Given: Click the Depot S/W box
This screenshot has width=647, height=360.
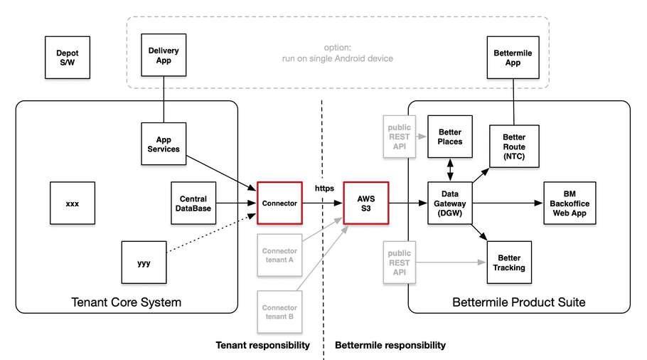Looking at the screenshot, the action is [x=68, y=58].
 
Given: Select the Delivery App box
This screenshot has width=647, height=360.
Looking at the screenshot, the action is [x=164, y=55].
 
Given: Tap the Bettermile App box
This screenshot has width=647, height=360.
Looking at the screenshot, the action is [x=513, y=58].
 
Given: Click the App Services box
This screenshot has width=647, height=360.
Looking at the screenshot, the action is [x=164, y=144].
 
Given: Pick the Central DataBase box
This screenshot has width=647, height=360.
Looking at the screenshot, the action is [x=193, y=203].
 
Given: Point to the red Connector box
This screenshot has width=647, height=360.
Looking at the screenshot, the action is [x=279, y=203].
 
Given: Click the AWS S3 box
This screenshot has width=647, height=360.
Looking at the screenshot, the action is [x=366, y=203].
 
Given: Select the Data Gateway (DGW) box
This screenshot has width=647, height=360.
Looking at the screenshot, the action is [x=450, y=203].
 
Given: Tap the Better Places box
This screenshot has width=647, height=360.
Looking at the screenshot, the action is [x=450, y=137].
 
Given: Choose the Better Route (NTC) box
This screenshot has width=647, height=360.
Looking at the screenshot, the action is [x=514, y=147].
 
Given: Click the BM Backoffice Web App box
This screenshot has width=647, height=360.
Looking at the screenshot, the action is [x=570, y=203].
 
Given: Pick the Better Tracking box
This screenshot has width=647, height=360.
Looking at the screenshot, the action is [x=509, y=263].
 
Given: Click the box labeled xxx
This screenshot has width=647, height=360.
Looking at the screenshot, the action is [x=73, y=203].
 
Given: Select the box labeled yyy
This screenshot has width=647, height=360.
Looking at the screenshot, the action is [x=144, y=263].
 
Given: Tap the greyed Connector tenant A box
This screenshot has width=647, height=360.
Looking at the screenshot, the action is [x=279, y=255].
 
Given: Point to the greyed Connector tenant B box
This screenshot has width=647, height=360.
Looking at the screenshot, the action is [x=279, y=312].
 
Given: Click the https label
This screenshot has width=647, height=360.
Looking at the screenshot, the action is [x=324, y=189].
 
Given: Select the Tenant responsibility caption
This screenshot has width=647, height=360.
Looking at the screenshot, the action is [x=263, y=345].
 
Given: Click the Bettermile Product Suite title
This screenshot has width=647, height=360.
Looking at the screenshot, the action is [x=519, y=302].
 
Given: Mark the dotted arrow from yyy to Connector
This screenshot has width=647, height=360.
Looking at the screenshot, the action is [x=211, y=233].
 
